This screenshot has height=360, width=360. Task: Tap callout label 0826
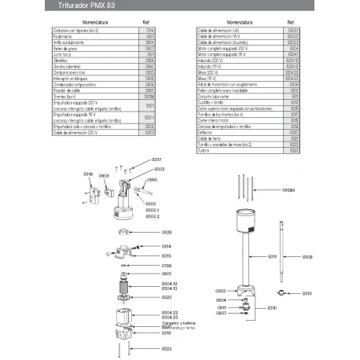click(166, 233)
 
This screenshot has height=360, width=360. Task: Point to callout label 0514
click(166, 247)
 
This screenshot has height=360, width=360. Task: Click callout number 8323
click(166, 298)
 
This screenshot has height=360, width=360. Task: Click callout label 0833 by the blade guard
click(221, 291)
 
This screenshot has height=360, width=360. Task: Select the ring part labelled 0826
click(127, 233)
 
